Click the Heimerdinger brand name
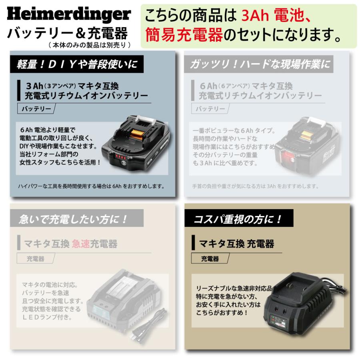[69, 14]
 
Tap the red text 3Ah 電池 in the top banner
[276, 16]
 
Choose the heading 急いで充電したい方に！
[74, 219]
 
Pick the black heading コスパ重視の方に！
[238, 219]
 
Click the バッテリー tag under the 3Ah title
[36, 109]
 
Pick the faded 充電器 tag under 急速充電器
[36, 259]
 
